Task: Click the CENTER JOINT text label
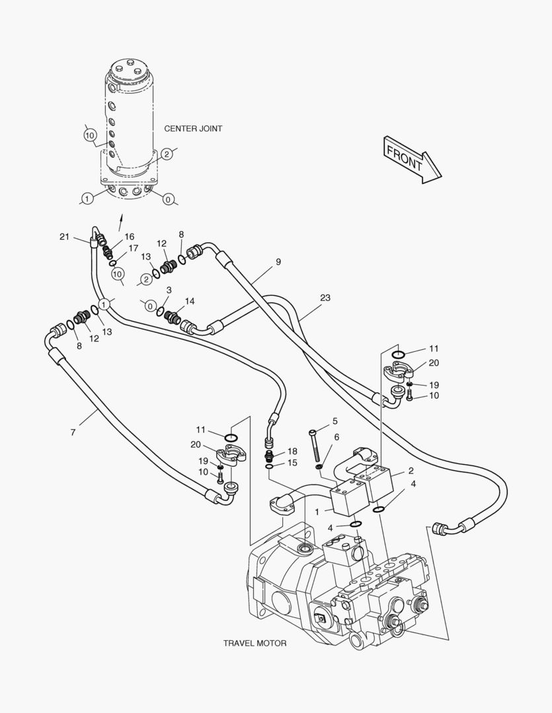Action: pos(193,129)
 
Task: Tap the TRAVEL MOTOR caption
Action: pos(255,643)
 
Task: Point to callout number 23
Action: pos(325,298)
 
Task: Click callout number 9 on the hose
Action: pos(278,262)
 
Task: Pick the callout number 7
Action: pos(73,432)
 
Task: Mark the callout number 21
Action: pos(64,237)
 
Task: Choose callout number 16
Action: pos(129,236)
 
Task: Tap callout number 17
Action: pos(134,249)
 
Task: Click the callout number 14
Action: pos(190,301)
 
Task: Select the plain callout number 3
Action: pos(169,290)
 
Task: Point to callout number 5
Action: pos(335,421)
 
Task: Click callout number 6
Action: pos(336,436)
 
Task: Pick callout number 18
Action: pos(292,451)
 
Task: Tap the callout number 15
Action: pos(292,463)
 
